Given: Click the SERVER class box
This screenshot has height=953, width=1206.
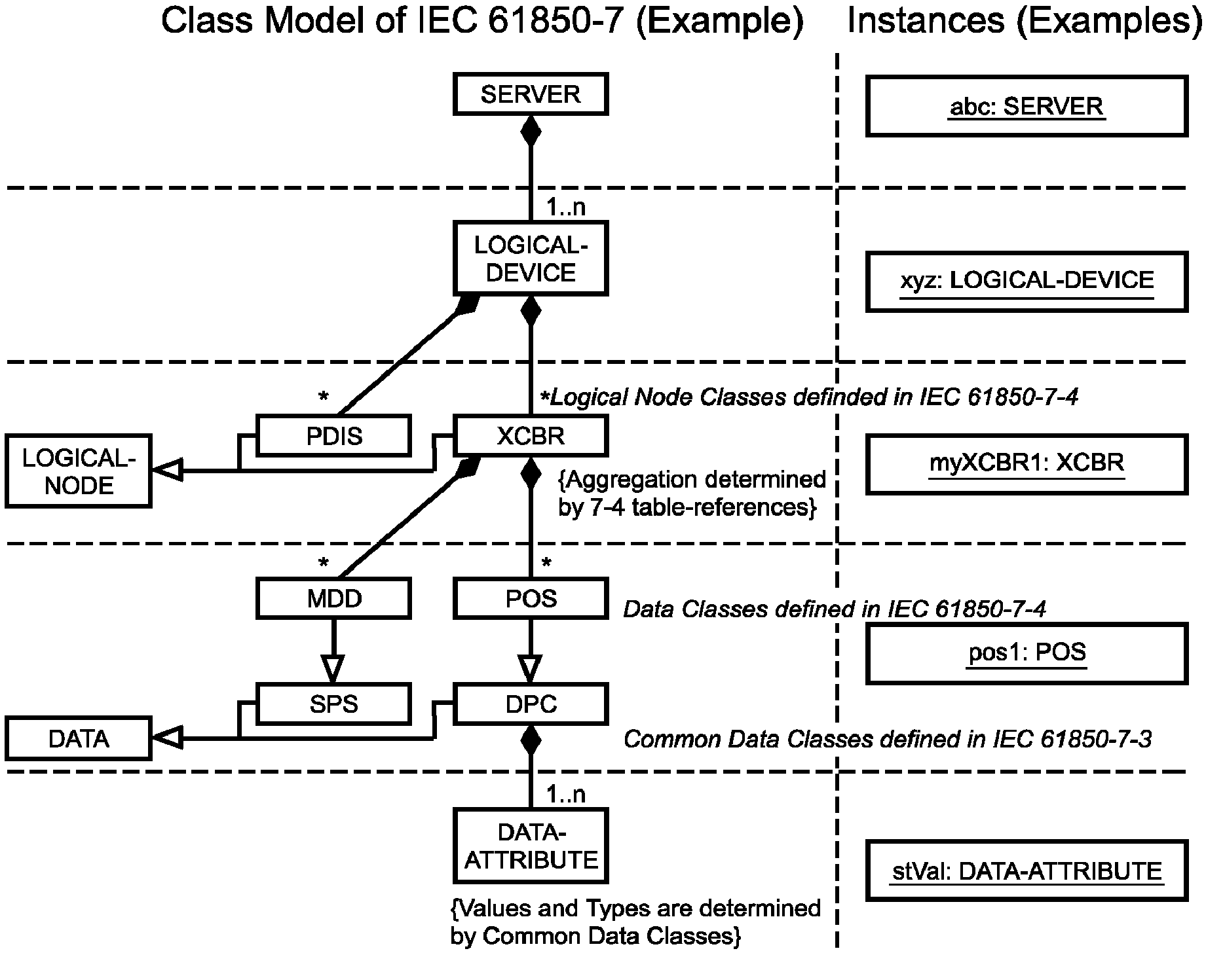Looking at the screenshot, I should (x=531, y=94).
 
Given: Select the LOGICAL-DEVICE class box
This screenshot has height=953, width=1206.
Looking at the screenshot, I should (x=531, y=259).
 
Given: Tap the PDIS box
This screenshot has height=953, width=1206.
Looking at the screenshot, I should (x=334, y=435).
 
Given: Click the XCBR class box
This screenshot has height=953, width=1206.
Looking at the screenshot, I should (x=531, y=435).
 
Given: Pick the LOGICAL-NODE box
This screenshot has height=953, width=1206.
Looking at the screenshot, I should (x=79, y=471).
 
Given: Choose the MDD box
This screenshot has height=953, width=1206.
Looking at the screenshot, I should (x=334, y=598).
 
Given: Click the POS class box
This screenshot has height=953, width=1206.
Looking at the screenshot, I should (x=531, y=598).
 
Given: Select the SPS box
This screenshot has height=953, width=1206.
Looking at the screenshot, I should (x=334, y=704).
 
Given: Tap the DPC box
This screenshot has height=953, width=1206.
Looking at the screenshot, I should (x=531, y=704).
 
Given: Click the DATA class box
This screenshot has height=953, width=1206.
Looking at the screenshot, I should (x=79, y=739).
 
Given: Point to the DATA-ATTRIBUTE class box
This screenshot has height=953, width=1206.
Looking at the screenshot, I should (x=531, y=846).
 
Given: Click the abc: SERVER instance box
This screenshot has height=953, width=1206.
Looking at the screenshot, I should (x=1027, y=106).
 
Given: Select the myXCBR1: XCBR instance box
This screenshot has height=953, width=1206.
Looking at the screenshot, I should (x=1027, y=463).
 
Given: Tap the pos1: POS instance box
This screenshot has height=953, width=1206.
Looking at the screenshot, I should (x=1027, y=653).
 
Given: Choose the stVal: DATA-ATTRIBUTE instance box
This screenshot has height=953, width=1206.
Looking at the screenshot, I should (x=1027, y=871).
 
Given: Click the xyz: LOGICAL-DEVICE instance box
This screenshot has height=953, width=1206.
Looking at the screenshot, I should (x=1027, y=280).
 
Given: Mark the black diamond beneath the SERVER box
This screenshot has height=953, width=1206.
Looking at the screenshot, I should (x=531, y=132).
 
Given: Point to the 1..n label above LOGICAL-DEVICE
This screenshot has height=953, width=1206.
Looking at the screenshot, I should (x=566, y=207).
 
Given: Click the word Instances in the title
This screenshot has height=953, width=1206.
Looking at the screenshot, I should (x=926, y=21).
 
